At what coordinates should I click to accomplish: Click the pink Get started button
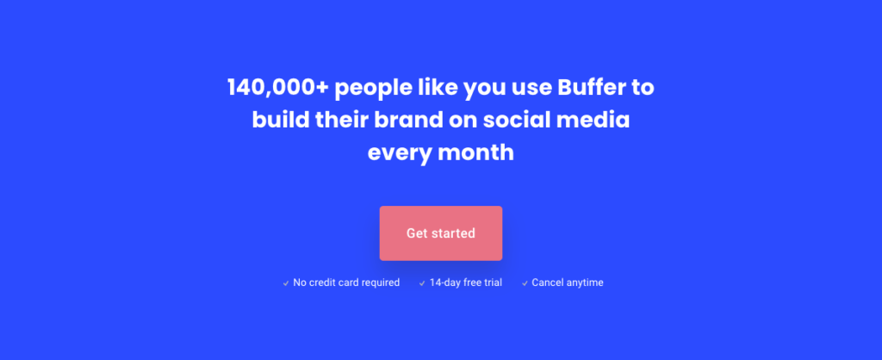441,233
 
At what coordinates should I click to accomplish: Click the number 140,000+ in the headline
277,88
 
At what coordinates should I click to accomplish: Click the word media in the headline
593,121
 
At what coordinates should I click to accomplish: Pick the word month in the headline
475,153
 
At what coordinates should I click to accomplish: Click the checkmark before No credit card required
286,283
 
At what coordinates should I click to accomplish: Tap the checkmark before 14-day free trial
422,283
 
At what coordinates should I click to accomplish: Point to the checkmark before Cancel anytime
525,283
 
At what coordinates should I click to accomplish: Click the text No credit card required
346,282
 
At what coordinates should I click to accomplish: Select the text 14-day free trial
466,282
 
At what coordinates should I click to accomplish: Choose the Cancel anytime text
568,282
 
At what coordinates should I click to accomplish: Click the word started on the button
455,233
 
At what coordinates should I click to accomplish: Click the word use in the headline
532,90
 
